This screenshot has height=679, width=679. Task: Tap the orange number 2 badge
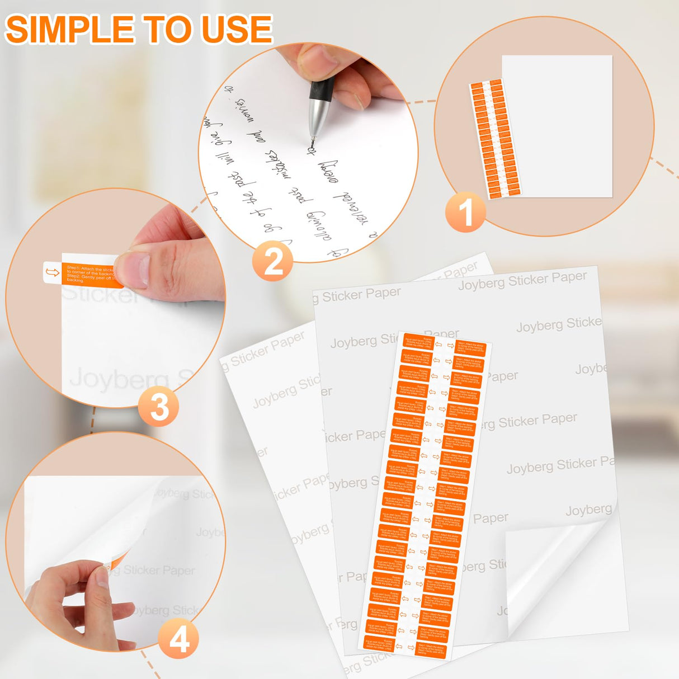point(272,261)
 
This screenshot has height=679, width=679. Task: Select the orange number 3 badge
point(159,407)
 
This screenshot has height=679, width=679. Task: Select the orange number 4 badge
point(178,639)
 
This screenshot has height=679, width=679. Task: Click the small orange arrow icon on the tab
point(52,272)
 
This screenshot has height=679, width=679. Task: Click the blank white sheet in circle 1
point(559,126)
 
